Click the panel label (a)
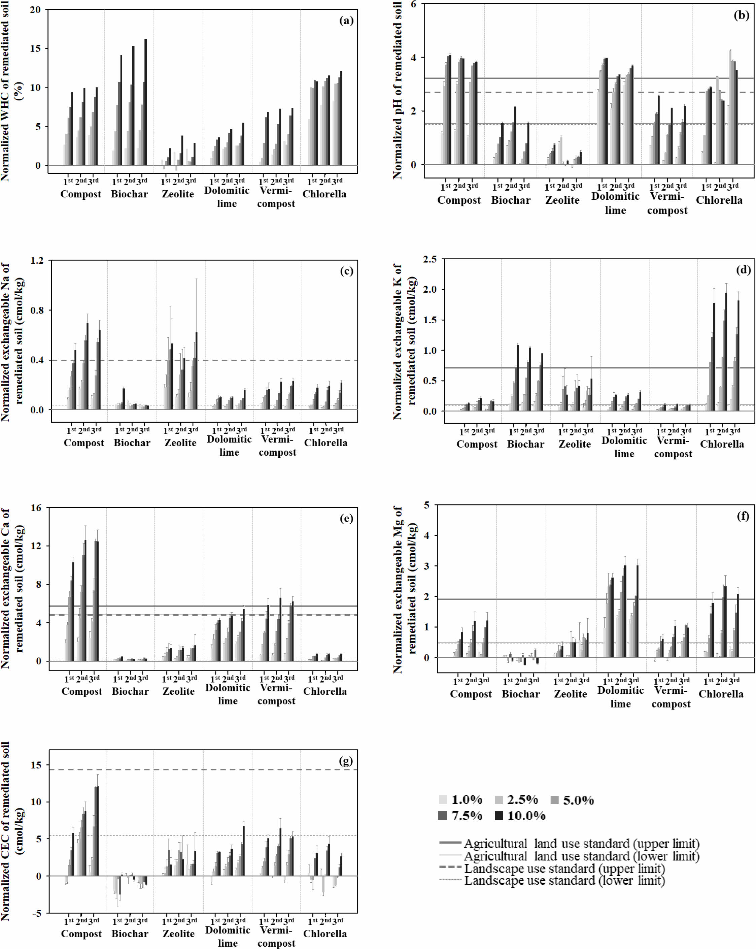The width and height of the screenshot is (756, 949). (x=346, y=21)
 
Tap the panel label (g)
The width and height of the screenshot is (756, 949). (x=346, y=761)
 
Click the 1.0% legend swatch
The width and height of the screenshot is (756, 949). (x=443, y=800)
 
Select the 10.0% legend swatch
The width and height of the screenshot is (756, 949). (x=499, y=816)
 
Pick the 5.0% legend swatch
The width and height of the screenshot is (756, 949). (x=554, y=800)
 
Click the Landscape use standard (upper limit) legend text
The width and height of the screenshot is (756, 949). (x=564, y=869)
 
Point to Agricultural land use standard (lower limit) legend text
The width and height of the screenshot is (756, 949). (x=581, y=856)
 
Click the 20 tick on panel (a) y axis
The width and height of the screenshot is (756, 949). (x=35, y=10)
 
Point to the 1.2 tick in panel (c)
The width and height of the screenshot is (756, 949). (x=37, y=261)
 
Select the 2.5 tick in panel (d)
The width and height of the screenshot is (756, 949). (x=429, y=259)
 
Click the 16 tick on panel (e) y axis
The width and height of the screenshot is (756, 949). (x=36, y=508)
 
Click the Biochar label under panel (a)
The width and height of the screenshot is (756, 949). (x=129, y=194)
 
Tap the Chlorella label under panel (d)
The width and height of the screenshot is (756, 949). (x=722, y=444)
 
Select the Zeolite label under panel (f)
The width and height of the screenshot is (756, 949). (x=570, y=694)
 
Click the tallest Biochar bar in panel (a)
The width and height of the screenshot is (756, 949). (x=146, y=102)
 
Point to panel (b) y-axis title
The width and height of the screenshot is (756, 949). (x=398, y=90)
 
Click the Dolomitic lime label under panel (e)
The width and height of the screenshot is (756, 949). (x=228, y=694)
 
